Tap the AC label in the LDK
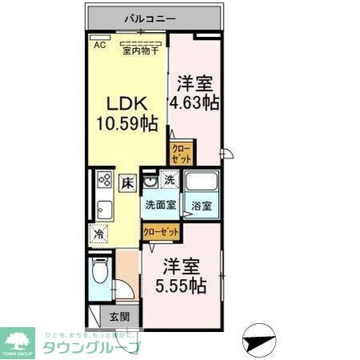coord(99,45)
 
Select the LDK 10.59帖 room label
coord(126,113)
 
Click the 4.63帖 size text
coord(194,103)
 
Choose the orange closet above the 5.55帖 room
coord(160,232)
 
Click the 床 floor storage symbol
coord(127,184)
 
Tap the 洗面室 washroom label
coord(159,205)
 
